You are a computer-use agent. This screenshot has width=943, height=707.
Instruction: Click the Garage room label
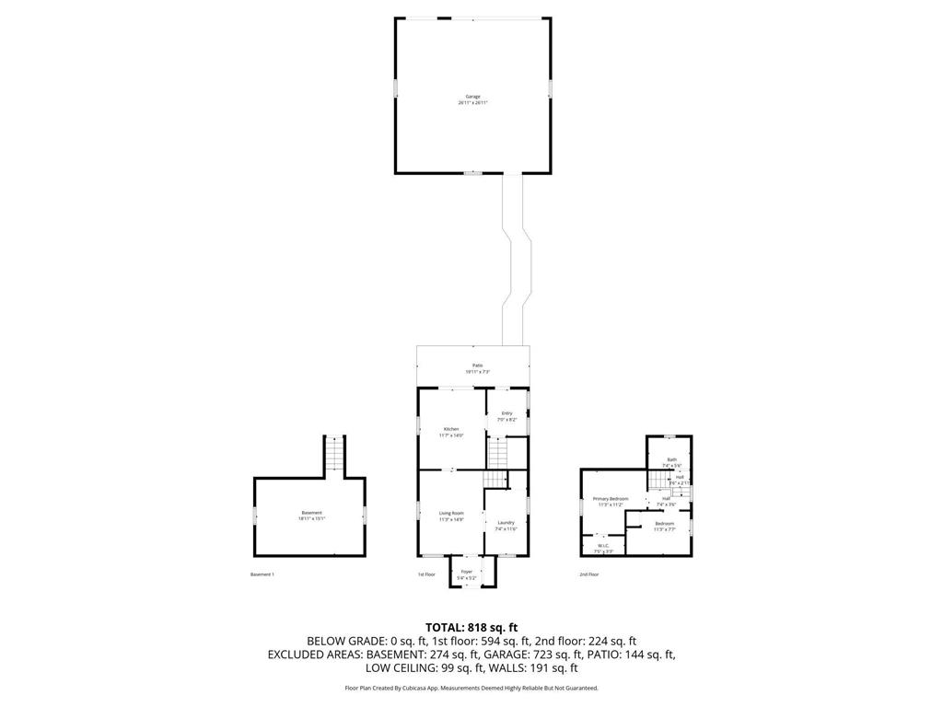tap(472, 97)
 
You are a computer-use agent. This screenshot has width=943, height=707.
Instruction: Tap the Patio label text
tap(477, 365)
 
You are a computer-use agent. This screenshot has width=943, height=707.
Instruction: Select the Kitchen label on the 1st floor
tap(451, 429)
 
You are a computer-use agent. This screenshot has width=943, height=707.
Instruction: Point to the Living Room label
tap(451, 513)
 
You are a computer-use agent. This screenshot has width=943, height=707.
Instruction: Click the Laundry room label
tap(506, 522)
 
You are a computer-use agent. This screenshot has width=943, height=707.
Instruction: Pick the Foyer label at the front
tap(467, 572)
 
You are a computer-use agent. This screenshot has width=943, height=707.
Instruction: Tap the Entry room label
tap(506, 413)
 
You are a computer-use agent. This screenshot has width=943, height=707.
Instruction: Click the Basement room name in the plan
tap(311, 513)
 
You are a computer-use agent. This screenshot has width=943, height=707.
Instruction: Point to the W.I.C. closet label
tap(604, 546)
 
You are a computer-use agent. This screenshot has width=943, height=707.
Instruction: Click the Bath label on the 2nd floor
tap(671, 459)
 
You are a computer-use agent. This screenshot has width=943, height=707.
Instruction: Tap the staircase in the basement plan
tap(334, 455)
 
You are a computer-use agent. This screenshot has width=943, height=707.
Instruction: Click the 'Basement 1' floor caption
tap(262, 574)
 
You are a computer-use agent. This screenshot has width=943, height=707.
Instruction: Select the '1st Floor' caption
tap(426, 574)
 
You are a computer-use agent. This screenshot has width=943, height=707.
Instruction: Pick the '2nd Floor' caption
tap(589, 574)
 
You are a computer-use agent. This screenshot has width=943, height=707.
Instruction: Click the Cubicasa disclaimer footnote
tap(471, 689)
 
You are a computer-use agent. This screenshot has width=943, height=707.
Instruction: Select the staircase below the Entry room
tap(497, 453)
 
